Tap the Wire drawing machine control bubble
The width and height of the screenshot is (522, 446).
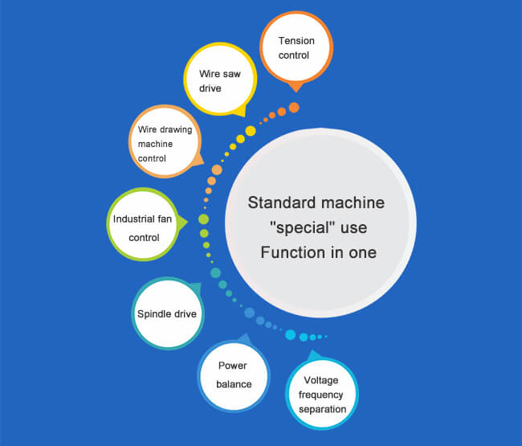tap(164, 141)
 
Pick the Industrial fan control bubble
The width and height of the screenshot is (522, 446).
tap(141, 227)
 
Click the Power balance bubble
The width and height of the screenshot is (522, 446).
tap(233, 375)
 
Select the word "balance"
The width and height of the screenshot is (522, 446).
tap(233, 384)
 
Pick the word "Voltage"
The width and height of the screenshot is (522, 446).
tap(322, 380)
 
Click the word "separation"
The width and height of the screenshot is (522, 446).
tap(322, 408)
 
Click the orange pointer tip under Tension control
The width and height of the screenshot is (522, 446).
tap(296, 88)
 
